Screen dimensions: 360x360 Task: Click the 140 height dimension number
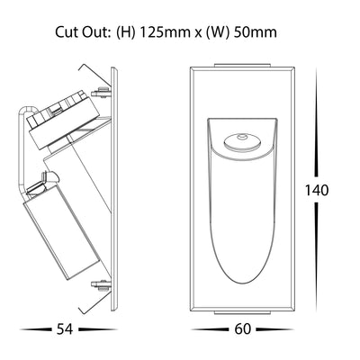(x=317, y=190)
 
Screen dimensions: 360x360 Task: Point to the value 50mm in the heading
(x=255, y=32)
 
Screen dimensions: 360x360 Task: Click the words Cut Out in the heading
(x=81, y=32)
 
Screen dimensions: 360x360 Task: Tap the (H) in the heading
(x=125, y=32)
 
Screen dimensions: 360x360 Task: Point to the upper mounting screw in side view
(x=101, y=92)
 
